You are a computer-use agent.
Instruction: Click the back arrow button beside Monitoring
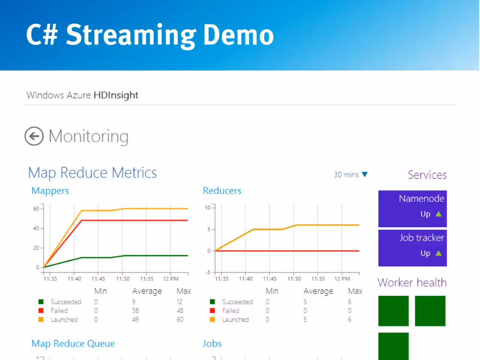34,136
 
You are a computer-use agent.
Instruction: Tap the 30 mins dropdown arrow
364,174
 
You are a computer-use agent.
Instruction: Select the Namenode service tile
412,209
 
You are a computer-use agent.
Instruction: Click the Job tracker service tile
412,248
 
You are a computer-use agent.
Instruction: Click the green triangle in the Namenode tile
438,214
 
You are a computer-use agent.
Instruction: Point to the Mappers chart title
50,191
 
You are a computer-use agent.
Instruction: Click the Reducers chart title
222,190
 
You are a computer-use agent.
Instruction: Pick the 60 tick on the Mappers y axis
36,209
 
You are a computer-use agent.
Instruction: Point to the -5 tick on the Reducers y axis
208,272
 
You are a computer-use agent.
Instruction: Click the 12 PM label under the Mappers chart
171,279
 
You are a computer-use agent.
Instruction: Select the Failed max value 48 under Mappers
180,310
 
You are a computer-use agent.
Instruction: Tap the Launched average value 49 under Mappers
135,319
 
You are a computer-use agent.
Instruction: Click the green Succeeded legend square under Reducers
212,302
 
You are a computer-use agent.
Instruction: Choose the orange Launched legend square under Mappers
41,319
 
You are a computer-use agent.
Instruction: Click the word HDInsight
116,95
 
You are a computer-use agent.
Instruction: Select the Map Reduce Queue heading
73,343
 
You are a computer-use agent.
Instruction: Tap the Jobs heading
212,343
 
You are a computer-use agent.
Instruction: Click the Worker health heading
412,282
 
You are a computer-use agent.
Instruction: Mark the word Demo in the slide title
238,35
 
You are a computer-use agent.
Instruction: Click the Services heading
427,175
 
